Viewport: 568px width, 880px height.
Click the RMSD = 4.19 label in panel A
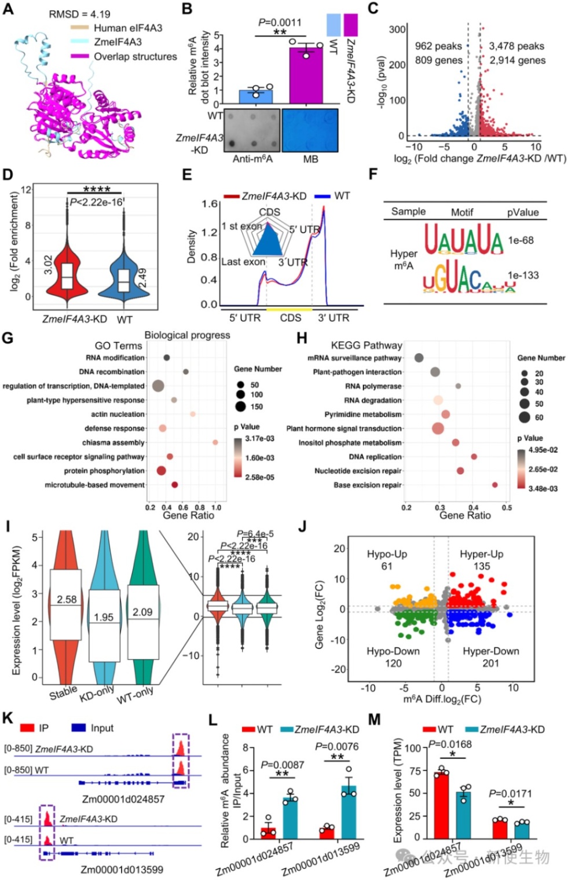point(79,14)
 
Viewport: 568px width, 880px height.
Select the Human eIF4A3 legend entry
point(127,28)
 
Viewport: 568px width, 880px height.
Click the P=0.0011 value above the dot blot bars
point(280,22)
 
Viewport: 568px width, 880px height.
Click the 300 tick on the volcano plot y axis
point(397,30)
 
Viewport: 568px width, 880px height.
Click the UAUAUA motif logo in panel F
point(463,240)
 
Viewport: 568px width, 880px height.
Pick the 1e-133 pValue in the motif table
point(523,275)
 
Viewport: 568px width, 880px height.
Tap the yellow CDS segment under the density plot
point(289,310)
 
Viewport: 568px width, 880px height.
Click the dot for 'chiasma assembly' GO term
point(215,442)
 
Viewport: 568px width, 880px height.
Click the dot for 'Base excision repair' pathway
point(495,485)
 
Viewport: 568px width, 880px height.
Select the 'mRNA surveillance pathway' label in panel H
point(354,358)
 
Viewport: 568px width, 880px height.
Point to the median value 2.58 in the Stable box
point(67,599)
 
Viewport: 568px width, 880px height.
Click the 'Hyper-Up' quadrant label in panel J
point(481,554)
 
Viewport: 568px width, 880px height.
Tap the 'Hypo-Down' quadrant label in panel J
point(393,651)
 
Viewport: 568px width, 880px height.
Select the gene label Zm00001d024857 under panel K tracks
point(123,799)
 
